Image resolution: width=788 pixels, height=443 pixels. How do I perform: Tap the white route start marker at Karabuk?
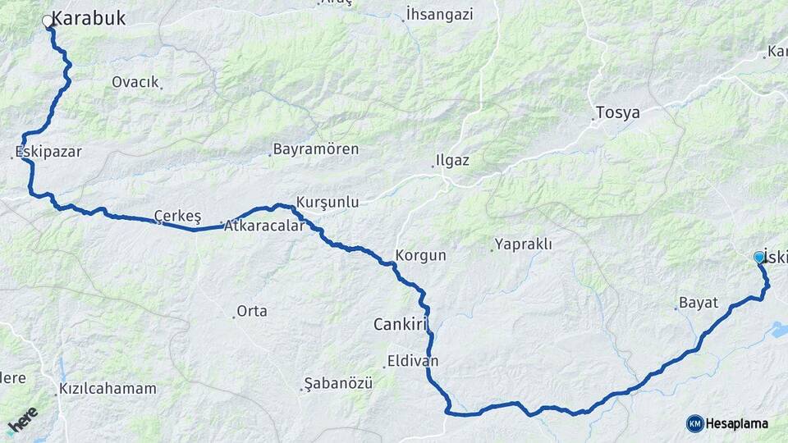click(x=48, y=22)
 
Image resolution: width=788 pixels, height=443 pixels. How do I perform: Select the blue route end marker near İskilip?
click(x=759, y=258)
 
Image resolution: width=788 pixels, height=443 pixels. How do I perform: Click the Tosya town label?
click(x=617, y=112)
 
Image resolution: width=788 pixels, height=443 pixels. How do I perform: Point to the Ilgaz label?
click(x=453, y=160)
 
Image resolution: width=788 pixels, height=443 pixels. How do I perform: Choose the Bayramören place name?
click(x=316, y=149)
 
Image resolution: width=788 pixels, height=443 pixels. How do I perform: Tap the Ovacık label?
click(x=135, y=82)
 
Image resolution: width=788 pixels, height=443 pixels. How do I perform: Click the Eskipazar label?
click(x=49, y=152)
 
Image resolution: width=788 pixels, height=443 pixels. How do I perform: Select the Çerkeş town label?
click(x=178, y=216)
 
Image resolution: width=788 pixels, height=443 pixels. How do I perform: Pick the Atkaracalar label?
click(x=265, y=225)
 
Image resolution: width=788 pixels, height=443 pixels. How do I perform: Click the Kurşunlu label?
click(x=328, y=202)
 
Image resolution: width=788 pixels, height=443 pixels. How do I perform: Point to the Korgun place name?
click(x=421, y=255)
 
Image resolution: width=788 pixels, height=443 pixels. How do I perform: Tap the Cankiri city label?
click(x=401, y=325)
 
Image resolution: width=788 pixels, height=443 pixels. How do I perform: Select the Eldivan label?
click(x=413, y=361)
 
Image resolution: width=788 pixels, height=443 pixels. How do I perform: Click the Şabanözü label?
click(x=338, y=383)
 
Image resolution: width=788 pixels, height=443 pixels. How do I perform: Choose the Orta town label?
click(x=251, y=312)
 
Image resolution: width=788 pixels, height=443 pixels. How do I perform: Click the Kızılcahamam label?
click(x=108, y=389)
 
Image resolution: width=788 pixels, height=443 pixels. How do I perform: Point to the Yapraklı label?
click(x=523, y=244)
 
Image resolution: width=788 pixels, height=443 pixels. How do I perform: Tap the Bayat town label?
click(x=699, y=303)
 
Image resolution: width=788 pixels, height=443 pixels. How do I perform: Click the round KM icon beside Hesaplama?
click(x=695, y=423)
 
